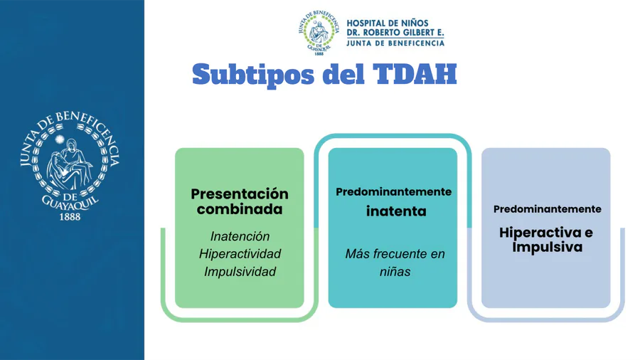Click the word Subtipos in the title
click(x=253, y=75)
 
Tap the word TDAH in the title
click(x=415, y=74)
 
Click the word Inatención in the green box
click(x=240, y=236)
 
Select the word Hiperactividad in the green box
click(x=240, y=254)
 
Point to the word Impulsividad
click(x=240, y=272)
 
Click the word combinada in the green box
click(x=240, y=209)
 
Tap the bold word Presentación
click(x=240, y=194)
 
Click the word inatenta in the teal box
click(x=396, y=211)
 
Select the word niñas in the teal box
click(x=395, y=272)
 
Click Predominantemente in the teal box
click(x=393, y=192)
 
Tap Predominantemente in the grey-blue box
click(x=548, y=209)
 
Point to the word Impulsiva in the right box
click(x=548, y=248)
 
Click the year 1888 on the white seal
click(x=70, y=217)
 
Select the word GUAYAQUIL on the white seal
click(x=70, y=203)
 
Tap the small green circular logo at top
click(x=319, y=33)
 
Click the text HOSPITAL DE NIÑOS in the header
click(x=382, y=23)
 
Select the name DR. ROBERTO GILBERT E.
click(x=395, y=33)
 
